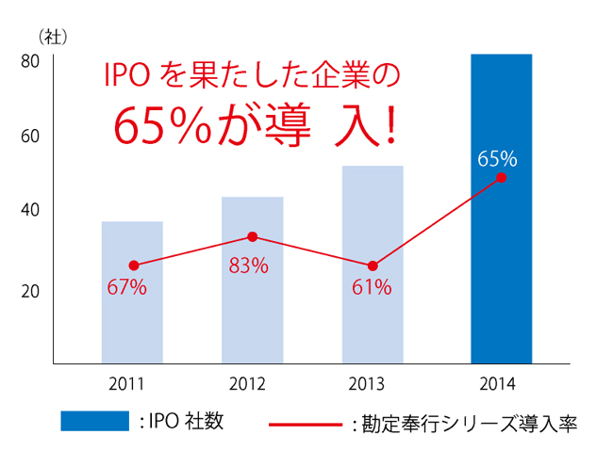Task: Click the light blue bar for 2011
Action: click(132, 292)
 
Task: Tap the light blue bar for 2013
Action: click(373, 264)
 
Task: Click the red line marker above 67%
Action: click(134, 266)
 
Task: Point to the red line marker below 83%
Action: click(253, 236)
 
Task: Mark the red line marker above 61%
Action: click(373, 266)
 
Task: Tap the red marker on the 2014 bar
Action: click(501, 177)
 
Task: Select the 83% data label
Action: click(248, 266)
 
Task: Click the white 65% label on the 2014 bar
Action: click(497, 157)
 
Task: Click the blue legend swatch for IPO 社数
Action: click(94, 421)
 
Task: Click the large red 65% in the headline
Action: click(161, 125)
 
